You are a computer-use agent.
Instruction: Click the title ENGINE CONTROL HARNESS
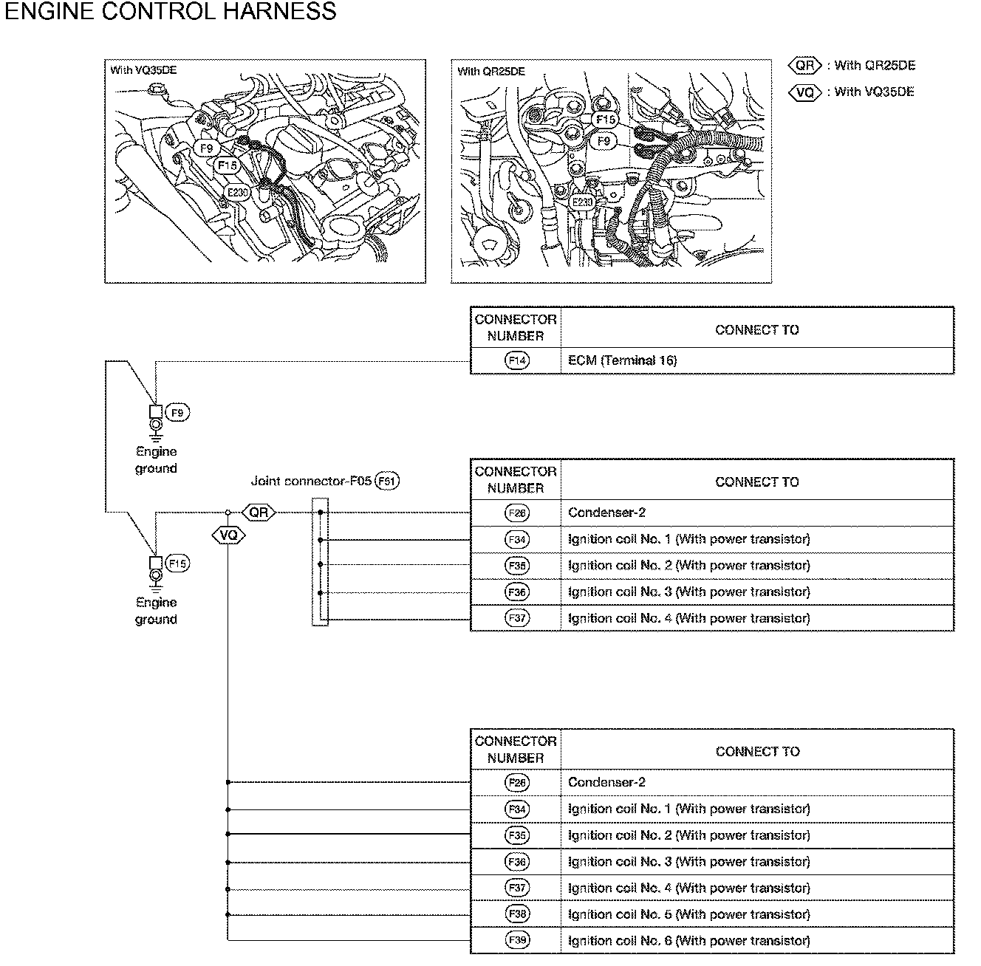pos(170,12)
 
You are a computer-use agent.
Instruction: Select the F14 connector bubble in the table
pos(517,360)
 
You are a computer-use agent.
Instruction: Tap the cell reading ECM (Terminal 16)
pos(622,360)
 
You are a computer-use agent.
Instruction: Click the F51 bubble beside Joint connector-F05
pos(387,482)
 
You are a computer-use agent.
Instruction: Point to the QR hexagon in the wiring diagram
pos(259,512)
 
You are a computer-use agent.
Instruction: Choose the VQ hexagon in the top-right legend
pos(805,92)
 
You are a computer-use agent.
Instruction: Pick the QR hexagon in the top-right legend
pos(805,66)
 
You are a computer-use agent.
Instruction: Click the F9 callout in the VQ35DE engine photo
pos(206,148)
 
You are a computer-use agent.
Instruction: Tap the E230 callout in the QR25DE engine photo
pos(583,202)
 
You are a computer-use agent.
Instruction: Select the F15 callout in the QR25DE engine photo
pos(606,120)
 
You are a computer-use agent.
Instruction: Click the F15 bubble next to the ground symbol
pos(177,563)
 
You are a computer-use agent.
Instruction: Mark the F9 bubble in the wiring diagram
pos(177,413)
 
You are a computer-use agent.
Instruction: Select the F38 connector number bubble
pos(518,914)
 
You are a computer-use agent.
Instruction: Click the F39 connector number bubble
pos(518,940)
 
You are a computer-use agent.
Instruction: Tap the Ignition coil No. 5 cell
pos(688,914)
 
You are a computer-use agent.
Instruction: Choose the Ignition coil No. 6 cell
pos(688,941)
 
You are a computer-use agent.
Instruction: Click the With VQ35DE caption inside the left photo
pos(143,71)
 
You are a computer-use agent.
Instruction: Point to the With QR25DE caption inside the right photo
pos(491,72)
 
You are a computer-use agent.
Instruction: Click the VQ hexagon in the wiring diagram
pos(228,534)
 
